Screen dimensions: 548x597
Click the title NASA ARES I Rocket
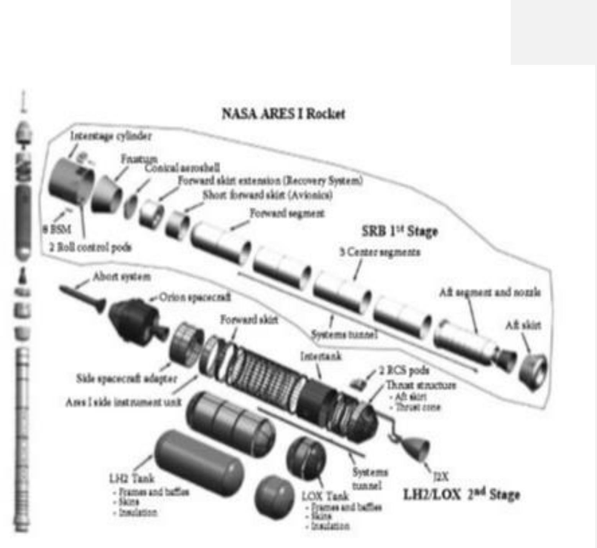click(x=283, y=114)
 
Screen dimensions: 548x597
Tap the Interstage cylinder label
click(x=110, y=136)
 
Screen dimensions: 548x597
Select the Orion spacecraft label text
click(x=195, y=297)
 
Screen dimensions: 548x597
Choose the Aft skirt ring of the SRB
click(x=533, y=368)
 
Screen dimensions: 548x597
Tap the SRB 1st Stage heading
click(x=400, y=231)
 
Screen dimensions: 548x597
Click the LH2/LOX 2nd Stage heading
click(x=461, y=494)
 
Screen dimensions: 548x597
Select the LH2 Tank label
click(x=132, y=478)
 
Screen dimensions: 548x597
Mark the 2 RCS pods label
click(x=404, y=370)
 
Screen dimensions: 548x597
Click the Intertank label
click(x=321, y=357)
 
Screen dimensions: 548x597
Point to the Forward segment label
click(x=287, y=213)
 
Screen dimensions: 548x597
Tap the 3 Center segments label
click(x=380, y=252)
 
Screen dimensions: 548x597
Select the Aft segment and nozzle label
click(x=490, y=292)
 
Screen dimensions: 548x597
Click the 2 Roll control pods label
click(x=90, y=247)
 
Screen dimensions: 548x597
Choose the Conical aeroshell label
click(x=182, y=168)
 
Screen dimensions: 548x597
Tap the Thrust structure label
click(x=421, y=385)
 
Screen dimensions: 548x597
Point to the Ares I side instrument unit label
click(x=123, y=402)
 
